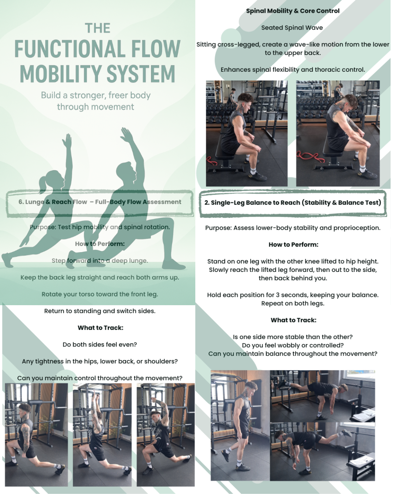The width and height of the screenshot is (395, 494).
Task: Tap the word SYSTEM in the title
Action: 141,74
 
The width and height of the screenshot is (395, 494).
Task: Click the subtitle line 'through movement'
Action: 95,107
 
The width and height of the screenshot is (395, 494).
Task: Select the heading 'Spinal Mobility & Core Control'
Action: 293,11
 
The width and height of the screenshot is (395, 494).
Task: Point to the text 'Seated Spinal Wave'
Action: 292,28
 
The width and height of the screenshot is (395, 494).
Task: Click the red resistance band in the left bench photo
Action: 212,161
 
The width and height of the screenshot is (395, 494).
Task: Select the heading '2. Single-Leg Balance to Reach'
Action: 293,203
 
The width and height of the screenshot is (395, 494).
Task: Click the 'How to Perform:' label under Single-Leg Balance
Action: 293,244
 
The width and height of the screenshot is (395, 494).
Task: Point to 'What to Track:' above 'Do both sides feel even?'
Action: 100,328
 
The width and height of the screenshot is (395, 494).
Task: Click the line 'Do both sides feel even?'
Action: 99,345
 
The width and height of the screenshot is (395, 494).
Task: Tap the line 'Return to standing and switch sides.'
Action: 99,311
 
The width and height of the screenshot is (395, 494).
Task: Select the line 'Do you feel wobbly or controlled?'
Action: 293,345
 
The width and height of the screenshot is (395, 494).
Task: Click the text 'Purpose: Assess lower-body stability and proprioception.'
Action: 293,228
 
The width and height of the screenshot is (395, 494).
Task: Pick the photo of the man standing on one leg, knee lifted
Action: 240,425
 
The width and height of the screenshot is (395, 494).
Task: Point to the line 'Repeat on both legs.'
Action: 293,303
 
